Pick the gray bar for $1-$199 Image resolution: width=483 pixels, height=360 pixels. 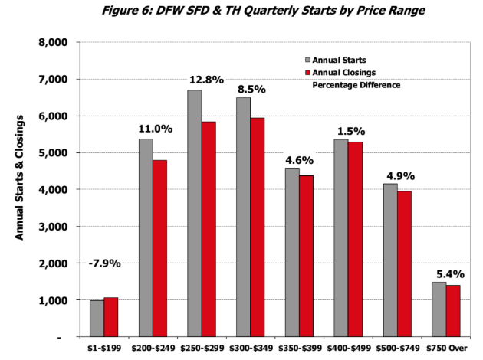(96, 318)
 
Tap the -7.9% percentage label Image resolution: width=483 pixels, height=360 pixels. (103, 264)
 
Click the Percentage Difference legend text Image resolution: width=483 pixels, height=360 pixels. (356, 84)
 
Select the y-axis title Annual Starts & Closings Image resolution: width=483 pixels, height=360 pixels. (21, 176)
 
